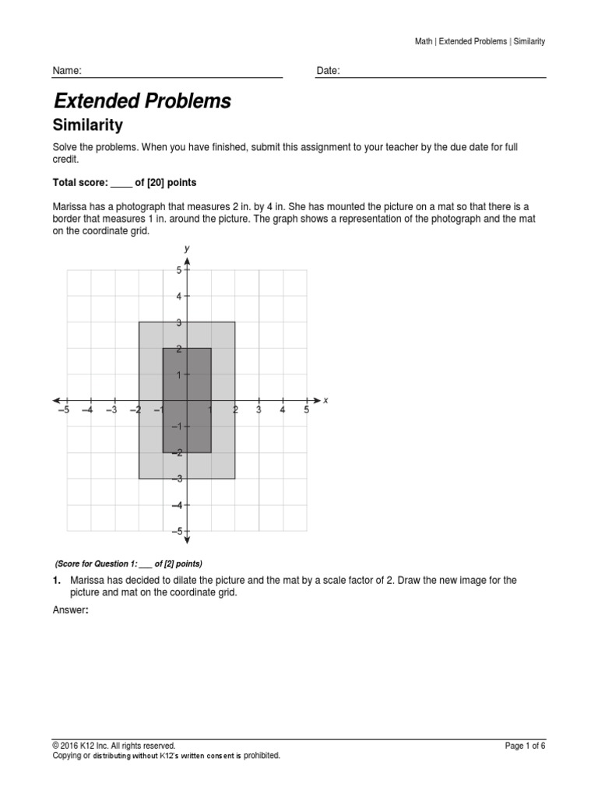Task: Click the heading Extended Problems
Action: (x=142, y=101)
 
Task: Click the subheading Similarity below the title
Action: (x=87, y=125)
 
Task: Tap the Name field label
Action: (x=66, y=71)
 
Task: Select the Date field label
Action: (x=328, y=71)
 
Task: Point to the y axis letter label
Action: (x=187, y=248)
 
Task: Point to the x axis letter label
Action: (x=325, y=400)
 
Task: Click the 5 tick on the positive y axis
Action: (x=178, y=270)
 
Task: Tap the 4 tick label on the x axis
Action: (x=283, y=410)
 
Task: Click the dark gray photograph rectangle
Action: (x=187, y=400)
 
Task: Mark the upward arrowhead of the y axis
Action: (x=188, y=260)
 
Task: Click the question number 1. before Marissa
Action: (x=56, y=581)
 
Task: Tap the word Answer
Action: (x=69, y=610)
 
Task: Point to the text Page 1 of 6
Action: (x=525, y=746)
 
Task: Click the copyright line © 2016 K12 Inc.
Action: (x=114, y=746)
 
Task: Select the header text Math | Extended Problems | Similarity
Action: (x=480, y=41)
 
